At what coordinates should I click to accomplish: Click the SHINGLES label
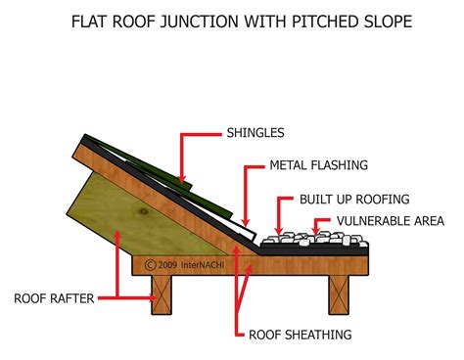pos(255,133)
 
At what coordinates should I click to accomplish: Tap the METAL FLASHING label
pos(318,165)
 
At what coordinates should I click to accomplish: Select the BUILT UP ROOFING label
pos(354,200)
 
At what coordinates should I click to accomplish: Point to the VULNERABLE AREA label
pos(391,221)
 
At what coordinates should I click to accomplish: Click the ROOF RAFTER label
pos(54,298)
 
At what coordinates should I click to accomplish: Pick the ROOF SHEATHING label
pos(301,335)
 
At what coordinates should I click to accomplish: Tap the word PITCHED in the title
pos(322,22)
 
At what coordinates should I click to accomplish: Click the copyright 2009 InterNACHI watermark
pos(184,264)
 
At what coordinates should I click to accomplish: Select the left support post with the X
pos(162,294)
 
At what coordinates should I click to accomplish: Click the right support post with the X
pos(339,294)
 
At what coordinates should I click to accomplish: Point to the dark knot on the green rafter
pos(144,211)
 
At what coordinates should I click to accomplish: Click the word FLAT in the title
pos(89,22)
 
